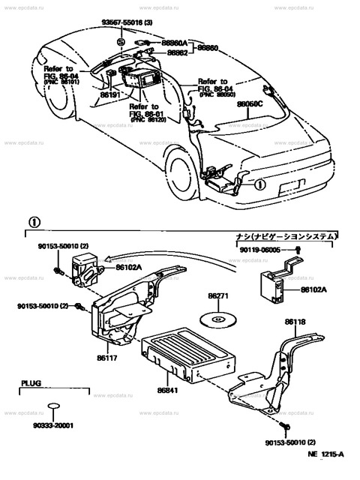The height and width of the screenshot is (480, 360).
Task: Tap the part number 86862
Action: (177, 53)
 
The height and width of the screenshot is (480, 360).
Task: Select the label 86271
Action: (218, 298)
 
